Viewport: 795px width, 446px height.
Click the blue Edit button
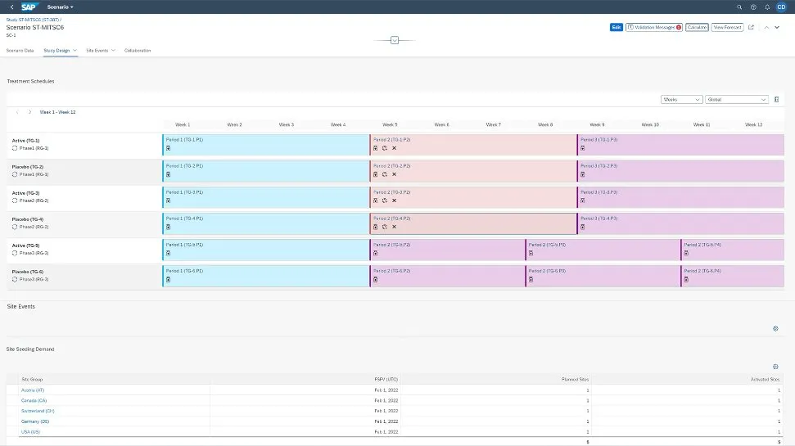pyautogui.click(x=616, y=27)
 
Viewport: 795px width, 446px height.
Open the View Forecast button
pyautogui.click(x=727, y=27)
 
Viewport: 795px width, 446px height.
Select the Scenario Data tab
pyautogui.click(x=20, y=51)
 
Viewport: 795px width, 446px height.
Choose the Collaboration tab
pyautogui.click(x=138, y=51)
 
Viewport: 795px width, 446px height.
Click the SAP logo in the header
pyautogui.click(x=31, y=7)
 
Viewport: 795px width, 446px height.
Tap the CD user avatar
pyautogui.click(x=780, y=7)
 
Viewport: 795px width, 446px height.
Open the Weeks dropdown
pyautogui.click(x=681, y=99)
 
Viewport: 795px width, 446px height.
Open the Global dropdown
pyautogui.click(x=737, y=99)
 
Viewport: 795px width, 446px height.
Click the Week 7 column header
pyautogui.click(x=493, y=124)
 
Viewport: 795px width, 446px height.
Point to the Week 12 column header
pyautogui.click(x=753, y=124)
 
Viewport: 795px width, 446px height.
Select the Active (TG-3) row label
pyautogui.click(x=25, y=193)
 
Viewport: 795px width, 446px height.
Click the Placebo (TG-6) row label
pyautogui.click(x=27, y=272)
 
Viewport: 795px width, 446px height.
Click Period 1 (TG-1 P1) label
pyautogui.click(x=184, y=140)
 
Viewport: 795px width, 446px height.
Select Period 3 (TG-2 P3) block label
pyautogui.click(x=599, y=166)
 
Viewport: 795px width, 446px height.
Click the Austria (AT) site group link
pyautogui.click(x=33, y=390)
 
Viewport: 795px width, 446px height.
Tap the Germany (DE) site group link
pyautogui.click(x=35, y=421)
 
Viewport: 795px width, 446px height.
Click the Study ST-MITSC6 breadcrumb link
pyautogui.click(x=33, y=18)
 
